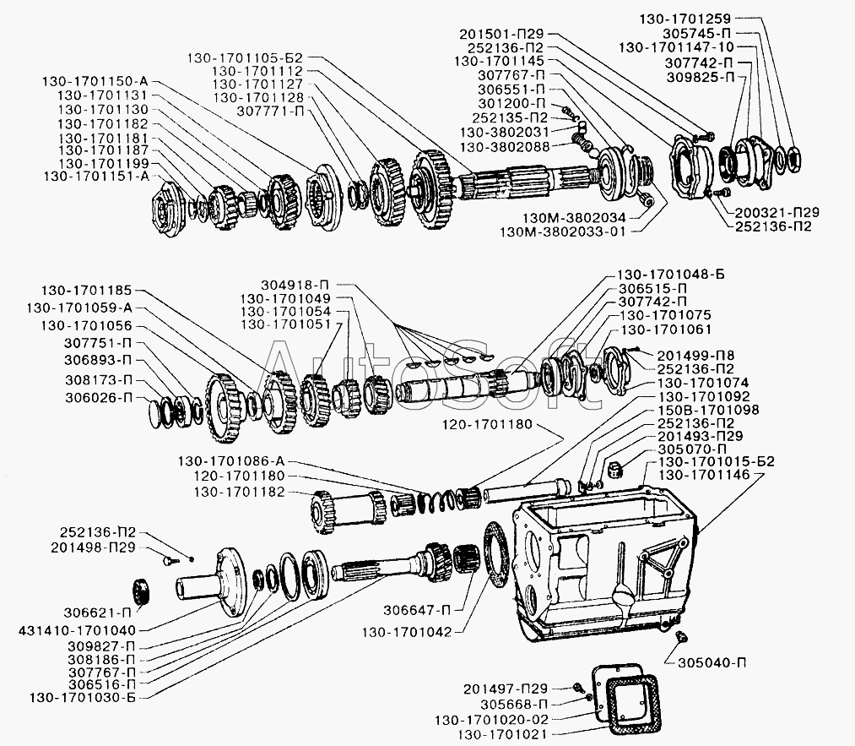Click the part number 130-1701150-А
tap(95, 81)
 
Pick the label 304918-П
tap(295, 285)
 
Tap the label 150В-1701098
tap(708, 409)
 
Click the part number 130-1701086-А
tap(231, 461)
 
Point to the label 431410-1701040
tap(77, 631)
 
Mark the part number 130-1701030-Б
tap(83, 698)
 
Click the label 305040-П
tap(712, 663)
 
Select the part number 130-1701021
tap(502, 734)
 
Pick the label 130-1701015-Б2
tap(716, 461)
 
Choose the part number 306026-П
tap(99, 397)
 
